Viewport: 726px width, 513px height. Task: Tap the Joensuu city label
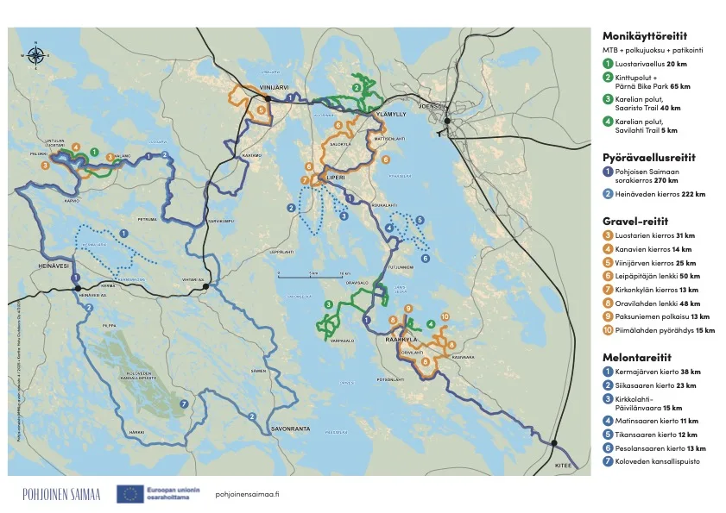click(429, 106)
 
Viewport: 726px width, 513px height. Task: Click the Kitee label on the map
click(564, 465)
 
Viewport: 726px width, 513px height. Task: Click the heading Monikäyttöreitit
click(644, 36)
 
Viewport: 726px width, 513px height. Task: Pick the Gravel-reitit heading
click(635, 221)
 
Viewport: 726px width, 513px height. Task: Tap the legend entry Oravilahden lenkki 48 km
click(656, 303)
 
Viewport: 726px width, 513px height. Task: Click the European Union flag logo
click(130, 493)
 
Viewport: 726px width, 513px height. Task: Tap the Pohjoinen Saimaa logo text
click(61, 493)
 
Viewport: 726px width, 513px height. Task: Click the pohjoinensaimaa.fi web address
click(246, 493)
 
